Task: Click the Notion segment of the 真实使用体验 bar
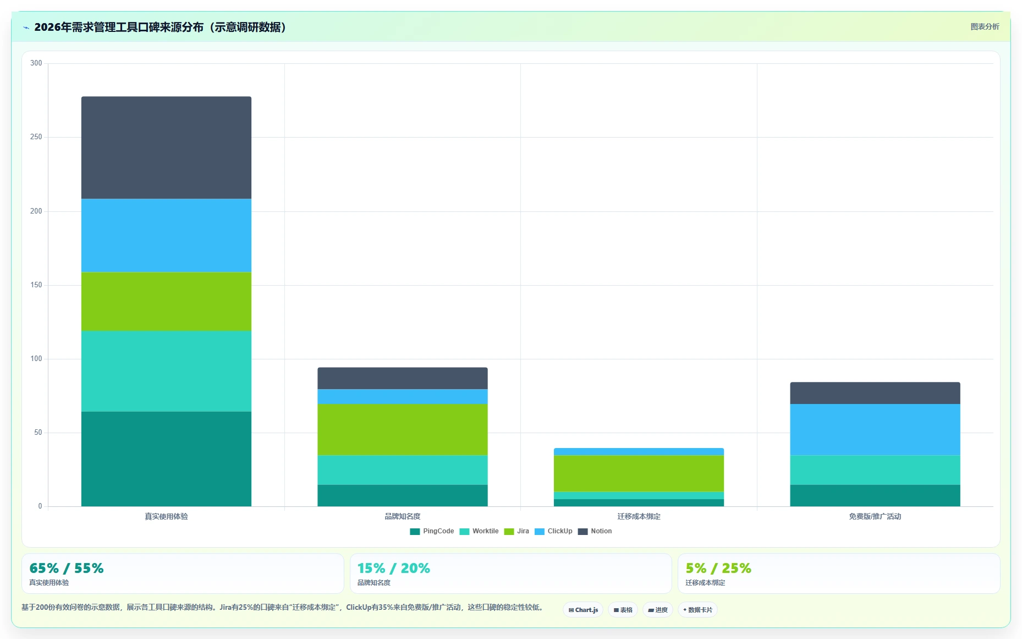(x=166, y=148)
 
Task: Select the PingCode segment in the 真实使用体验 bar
(x=166, y=459)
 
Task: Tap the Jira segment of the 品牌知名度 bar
(x=402, y=429)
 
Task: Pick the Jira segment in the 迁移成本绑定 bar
(x=639, y=473)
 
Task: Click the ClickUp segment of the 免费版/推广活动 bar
(x=875, y=429)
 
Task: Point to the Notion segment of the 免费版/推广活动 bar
(x=875, y=393)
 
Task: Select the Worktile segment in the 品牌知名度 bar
(x=402, y=470)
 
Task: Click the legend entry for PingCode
(x=432, y=531)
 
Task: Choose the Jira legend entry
(x=517, y=531)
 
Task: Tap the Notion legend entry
(x=595, y=531)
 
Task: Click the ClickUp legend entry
(x=553, y=531)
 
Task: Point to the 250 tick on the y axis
(x=36, y=137)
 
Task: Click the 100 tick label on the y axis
(x=36, y=359)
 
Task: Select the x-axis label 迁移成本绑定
(x=639, y=516)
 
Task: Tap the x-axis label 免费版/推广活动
(x=875, y=516)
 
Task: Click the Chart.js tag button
(x=583, y=610)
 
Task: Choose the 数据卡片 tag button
(x=697, y=610)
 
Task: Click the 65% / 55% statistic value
(x=67, y=568)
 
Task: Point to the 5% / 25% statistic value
(x=718, y=568)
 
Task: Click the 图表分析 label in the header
(x=985, y=26)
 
